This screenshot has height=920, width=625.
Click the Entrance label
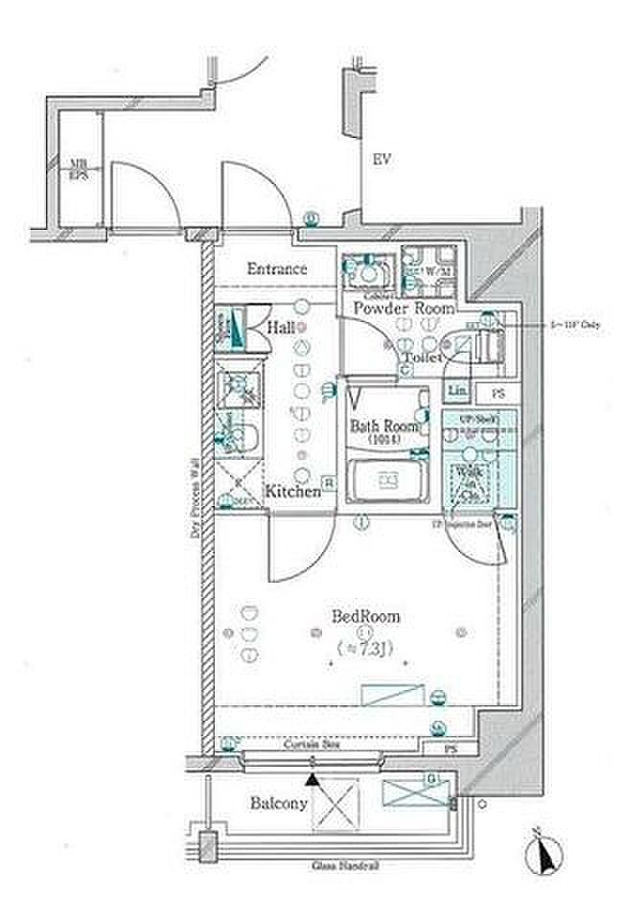pos(276,269)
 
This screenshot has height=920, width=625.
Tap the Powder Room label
pos(403,309)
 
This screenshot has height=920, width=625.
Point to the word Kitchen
pos(292,492)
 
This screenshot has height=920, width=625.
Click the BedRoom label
pos(365,617)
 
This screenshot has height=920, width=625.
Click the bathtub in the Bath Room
pos(387,479)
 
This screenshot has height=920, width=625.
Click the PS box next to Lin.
pos(498,392)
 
